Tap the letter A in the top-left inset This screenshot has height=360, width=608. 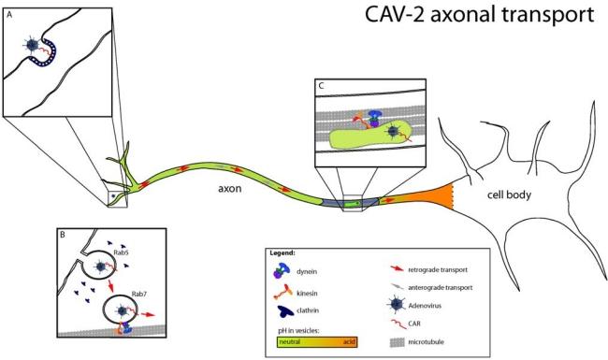(10, 13)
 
